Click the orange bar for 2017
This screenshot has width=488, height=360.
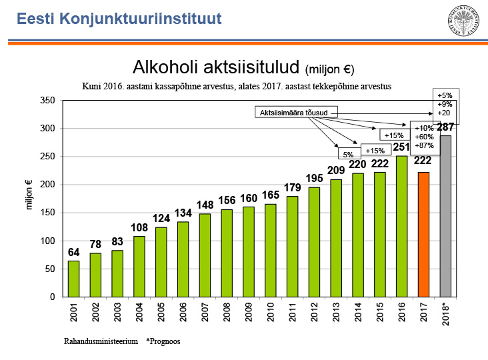[x=423, y=234]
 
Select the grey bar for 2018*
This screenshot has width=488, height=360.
[x=445, y=216]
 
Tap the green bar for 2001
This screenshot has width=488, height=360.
[x=73, y=279]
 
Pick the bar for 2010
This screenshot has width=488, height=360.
[x=270, y=250]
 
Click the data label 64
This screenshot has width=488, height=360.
[x=73, y=253]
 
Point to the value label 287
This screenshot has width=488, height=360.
[x=445, y=127]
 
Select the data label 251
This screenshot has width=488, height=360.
[x=401, y=147]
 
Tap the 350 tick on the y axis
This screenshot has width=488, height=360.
[x=47, y=100]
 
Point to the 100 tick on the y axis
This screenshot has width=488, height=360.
[x=47, y=241]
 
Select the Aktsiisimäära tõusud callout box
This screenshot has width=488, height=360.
[x=297, y=113]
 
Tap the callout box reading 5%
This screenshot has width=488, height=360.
[x=348, y=155]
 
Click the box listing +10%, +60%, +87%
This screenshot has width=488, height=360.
[x=424, y=136]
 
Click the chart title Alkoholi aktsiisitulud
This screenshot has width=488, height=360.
[x=217, y=68]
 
